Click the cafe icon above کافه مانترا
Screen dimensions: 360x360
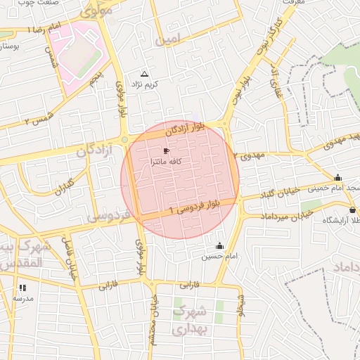click(166, 151)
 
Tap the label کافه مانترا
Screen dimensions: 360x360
click(167, 162)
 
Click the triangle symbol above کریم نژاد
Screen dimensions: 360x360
click(145, 74)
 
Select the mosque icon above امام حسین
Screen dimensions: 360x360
click(219, 246)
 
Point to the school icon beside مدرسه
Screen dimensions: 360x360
click(22, 288)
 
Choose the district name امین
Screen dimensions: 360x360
click(169, 38)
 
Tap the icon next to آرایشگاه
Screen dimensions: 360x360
click(352, 210)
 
